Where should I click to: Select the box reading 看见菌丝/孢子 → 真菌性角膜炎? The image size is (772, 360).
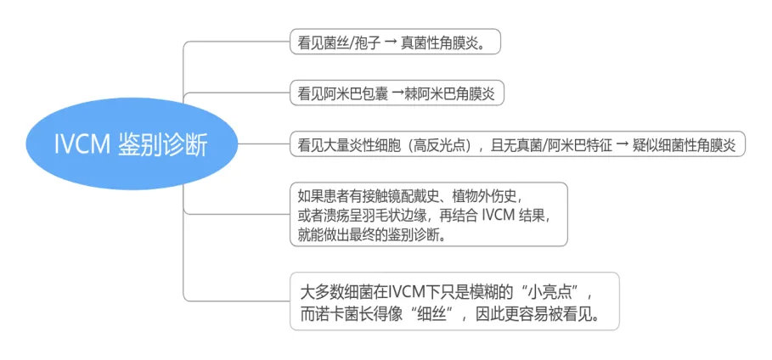click(x=394, y=42)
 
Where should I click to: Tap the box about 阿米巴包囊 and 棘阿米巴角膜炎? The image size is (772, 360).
click(x=396, y=93)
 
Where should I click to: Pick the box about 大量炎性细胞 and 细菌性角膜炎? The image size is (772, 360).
click(x=516, y=143)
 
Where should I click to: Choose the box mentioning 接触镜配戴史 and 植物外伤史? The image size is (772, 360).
click(x=427, y=214)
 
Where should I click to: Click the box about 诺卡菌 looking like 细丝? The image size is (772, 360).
click(x=454, y=301)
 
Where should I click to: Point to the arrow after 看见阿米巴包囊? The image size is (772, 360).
click(x=396, y=93)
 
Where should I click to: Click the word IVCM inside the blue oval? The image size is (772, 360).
click(x=78, y=143)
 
